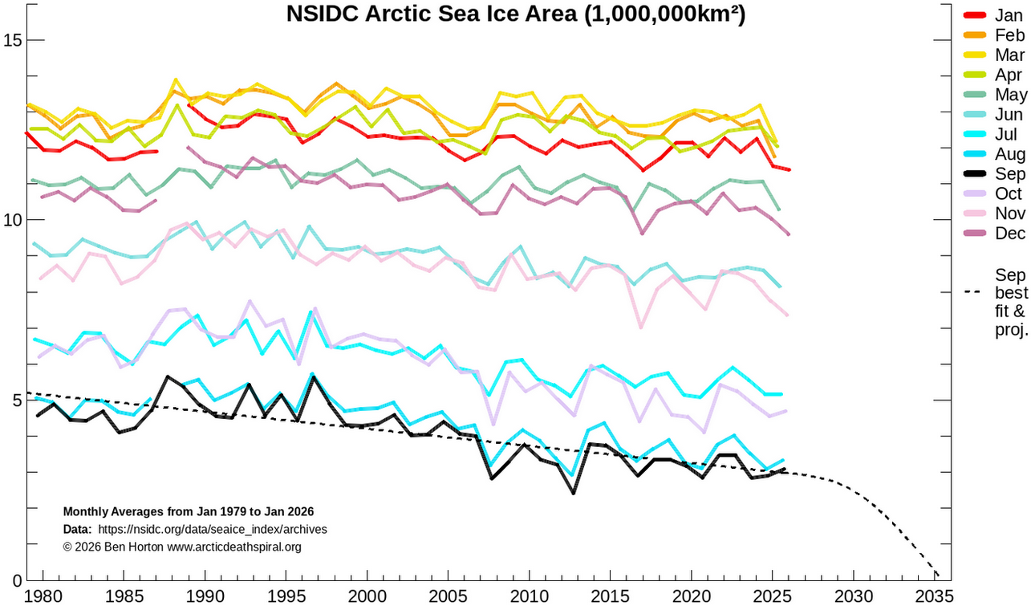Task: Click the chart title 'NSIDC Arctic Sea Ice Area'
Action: (516, 14)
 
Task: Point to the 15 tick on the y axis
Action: (14, 40)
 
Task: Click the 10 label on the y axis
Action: (14, 220)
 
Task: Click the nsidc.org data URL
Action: (212, 530)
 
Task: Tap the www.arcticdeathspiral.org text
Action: (233, 547)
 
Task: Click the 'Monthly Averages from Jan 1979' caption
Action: (188, 511)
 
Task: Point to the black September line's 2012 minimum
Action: (573, 492)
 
